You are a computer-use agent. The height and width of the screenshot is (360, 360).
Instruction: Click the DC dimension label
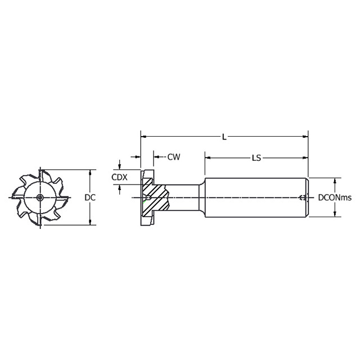89,197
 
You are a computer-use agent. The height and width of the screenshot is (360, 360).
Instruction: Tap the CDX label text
119,177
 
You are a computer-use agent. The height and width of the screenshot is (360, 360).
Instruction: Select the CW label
174,157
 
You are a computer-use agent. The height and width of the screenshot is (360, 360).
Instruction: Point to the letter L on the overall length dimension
224,137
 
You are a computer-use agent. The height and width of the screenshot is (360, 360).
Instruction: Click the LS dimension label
256,158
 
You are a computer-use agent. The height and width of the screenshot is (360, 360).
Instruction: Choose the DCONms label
335,197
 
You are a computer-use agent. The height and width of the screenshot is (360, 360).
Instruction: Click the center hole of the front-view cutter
40,197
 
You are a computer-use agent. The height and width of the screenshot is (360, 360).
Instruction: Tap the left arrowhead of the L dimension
143,136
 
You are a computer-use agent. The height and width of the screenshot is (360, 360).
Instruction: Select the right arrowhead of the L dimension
305,136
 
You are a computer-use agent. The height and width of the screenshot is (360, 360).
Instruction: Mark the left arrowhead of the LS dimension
208,158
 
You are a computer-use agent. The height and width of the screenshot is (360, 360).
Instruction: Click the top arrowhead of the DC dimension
89,173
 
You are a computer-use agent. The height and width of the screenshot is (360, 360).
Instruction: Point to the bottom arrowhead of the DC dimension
89,222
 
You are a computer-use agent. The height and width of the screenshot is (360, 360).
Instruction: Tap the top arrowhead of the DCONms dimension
335,181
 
